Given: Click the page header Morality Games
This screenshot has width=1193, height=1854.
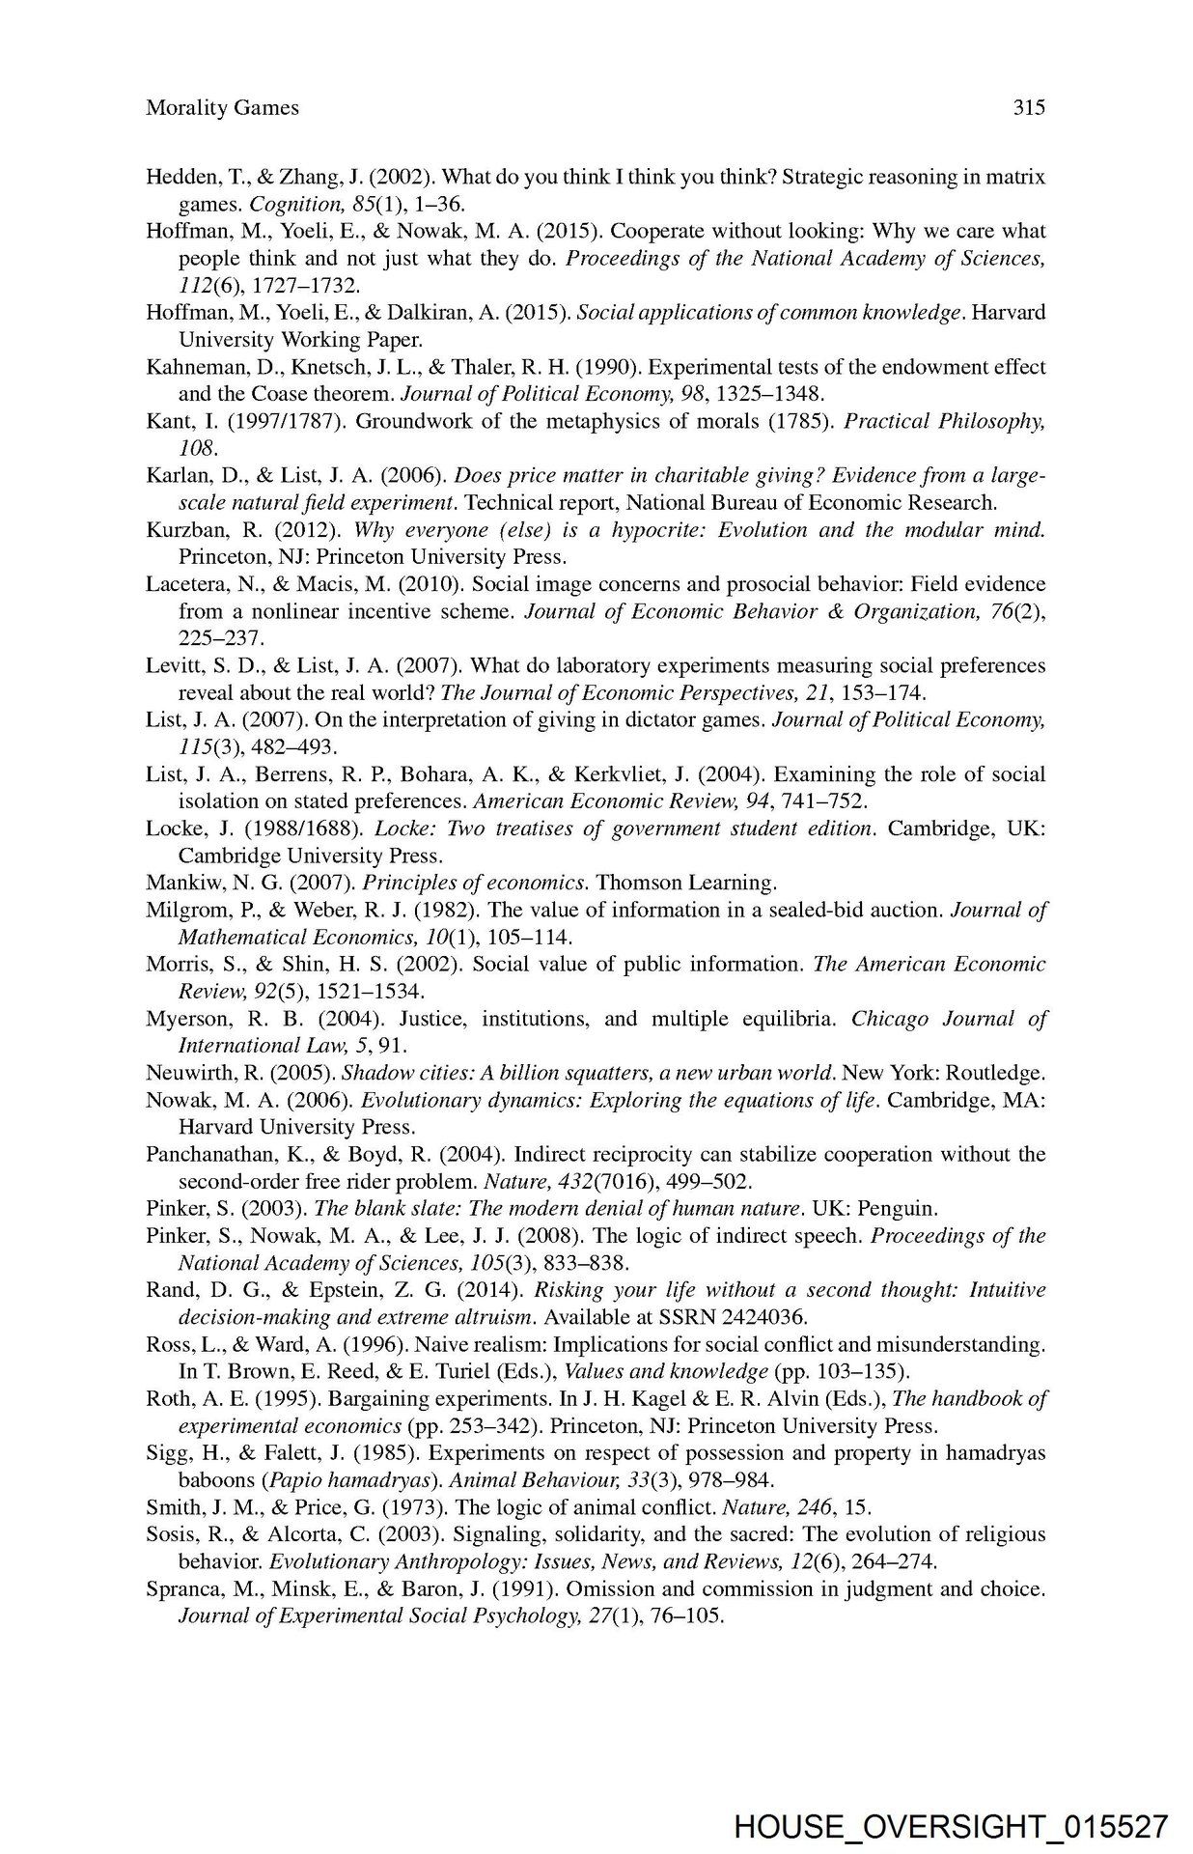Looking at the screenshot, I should [x=222, y=108].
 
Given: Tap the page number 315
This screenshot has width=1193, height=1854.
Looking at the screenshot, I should [x=1029, y=108].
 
